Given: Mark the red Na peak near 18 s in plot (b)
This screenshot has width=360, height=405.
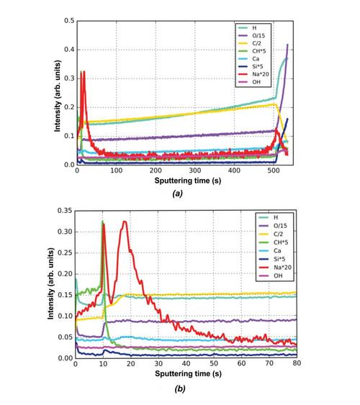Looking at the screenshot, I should [125, 222].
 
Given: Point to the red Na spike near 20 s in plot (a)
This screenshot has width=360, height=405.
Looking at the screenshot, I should [84, 72].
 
